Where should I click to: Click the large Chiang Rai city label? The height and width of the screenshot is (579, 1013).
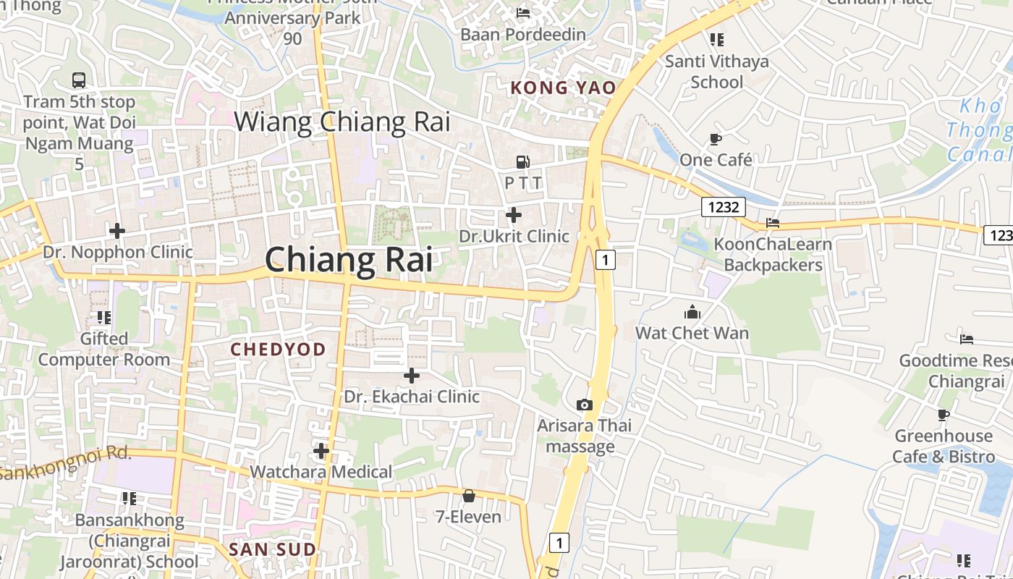[349, 260]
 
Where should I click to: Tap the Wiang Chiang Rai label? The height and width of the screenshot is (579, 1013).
[342, 122]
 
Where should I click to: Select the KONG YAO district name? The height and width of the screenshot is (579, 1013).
[563, 88]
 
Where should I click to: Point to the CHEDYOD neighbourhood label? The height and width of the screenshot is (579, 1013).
[278, 350]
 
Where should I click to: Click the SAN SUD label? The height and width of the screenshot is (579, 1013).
[273, 549]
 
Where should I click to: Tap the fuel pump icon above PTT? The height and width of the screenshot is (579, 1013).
[522, 162]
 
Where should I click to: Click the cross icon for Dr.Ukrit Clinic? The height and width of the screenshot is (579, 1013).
[514, 215]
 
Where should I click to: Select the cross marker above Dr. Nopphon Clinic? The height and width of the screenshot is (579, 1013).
[116, 231]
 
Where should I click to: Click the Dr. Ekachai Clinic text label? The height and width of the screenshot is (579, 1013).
[411, 397]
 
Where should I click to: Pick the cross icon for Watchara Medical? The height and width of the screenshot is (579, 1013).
[321, 451]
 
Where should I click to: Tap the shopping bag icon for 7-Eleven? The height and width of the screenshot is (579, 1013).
[468, 496]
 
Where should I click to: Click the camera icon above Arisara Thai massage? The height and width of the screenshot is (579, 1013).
[584, 405]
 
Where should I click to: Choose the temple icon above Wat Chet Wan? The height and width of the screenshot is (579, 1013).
[692, 312]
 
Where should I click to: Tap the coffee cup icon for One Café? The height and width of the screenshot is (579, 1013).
[716, 139]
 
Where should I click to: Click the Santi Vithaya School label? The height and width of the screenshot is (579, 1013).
[716, 71]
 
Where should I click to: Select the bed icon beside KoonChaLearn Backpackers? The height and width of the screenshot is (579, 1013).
[773, 223]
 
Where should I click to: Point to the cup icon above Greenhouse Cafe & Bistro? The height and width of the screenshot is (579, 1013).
[943, 415]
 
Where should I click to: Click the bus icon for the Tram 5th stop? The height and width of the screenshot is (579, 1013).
[79, 80]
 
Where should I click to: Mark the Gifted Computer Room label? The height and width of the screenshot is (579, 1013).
[104, 349]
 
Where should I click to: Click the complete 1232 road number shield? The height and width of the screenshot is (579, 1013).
[724, 208]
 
